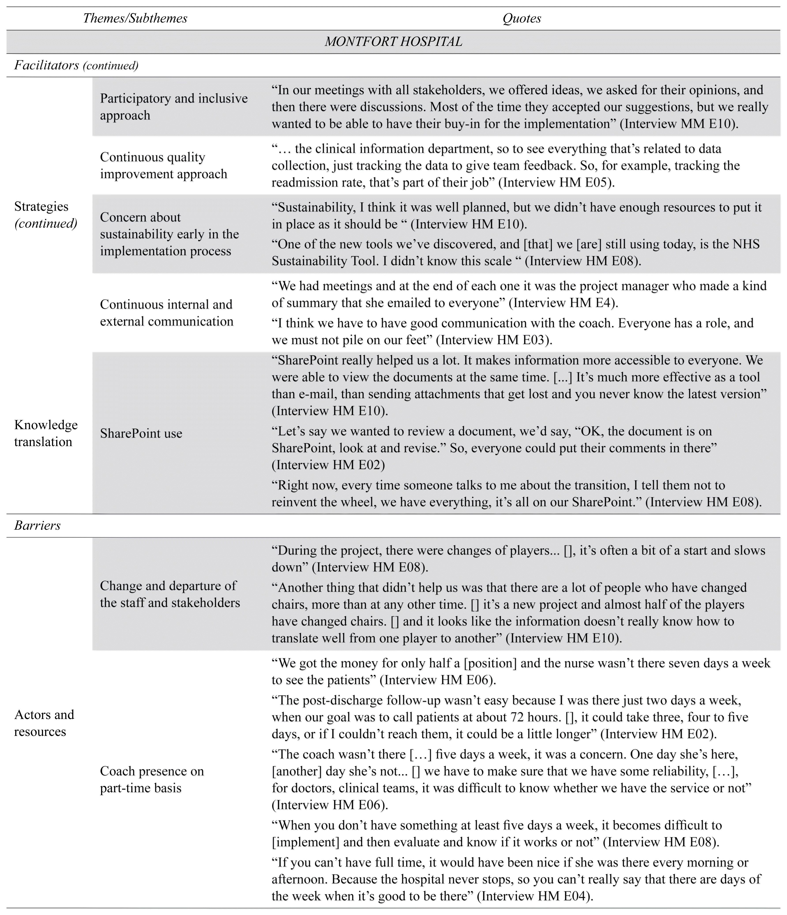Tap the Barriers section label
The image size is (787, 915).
(x=38, y=525)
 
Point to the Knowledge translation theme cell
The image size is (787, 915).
(x=46, y=433)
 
